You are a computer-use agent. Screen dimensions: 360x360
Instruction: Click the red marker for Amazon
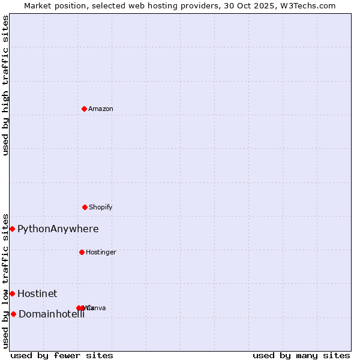84,109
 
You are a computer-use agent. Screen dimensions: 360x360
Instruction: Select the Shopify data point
85,207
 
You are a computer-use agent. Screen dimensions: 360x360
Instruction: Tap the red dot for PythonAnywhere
12,229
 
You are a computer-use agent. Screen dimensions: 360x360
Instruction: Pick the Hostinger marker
82,252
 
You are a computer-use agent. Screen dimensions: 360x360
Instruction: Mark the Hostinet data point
12,293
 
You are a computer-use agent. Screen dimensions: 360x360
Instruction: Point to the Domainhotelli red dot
13,314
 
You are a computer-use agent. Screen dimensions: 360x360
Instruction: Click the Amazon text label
101,109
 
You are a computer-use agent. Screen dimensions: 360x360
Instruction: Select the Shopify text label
101,207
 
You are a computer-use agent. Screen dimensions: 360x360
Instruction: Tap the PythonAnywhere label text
58,229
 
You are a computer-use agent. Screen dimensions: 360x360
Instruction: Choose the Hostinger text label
101,252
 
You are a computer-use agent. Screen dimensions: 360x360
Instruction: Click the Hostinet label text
37,293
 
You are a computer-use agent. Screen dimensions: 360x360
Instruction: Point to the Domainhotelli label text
52,314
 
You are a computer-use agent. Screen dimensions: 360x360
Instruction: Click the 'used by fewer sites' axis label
62,355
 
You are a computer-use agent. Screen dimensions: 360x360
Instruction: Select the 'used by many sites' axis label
301,355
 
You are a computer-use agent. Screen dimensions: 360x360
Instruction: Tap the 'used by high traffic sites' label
5,85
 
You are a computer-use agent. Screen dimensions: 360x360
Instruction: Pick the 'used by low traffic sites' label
5,280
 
